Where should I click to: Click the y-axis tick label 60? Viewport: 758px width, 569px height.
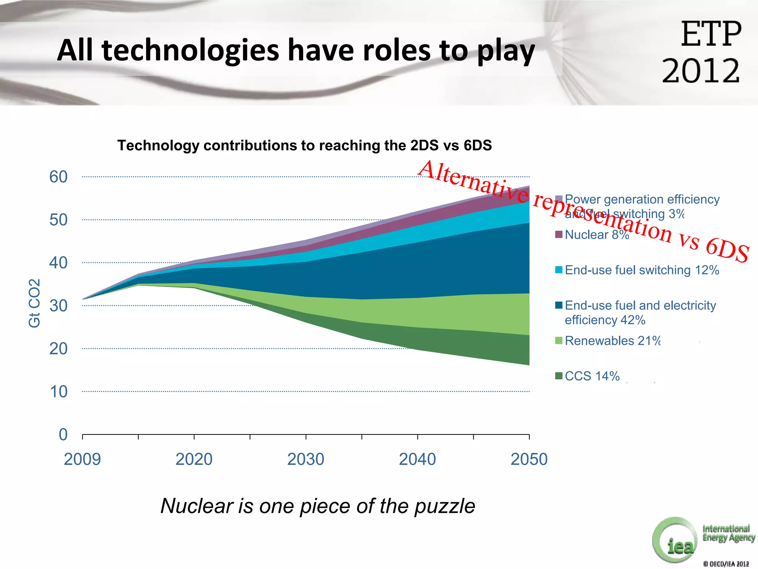point(58,177)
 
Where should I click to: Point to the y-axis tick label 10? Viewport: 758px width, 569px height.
point(58,392)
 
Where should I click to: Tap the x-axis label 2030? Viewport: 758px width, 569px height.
point(306,459)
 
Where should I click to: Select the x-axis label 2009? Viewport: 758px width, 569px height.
point(82,459)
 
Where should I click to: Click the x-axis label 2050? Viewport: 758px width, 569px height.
point(529,459)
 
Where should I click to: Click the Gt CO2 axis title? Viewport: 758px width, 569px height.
point(34,303)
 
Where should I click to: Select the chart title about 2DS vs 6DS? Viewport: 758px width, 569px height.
point(304,145)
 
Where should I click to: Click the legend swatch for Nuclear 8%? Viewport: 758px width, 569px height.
point(559,234)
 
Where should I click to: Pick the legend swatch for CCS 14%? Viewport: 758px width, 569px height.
point(559,376)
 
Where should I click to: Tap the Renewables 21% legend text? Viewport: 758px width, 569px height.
point(613,341)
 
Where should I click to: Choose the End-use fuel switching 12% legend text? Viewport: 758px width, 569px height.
point(642,270)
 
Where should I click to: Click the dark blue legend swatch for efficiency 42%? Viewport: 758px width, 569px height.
point(559,305)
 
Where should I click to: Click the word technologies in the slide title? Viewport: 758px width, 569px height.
point(190,50)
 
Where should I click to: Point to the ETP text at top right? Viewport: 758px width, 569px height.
point(711,34)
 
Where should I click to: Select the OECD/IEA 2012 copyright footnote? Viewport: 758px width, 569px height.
point(726,564)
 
